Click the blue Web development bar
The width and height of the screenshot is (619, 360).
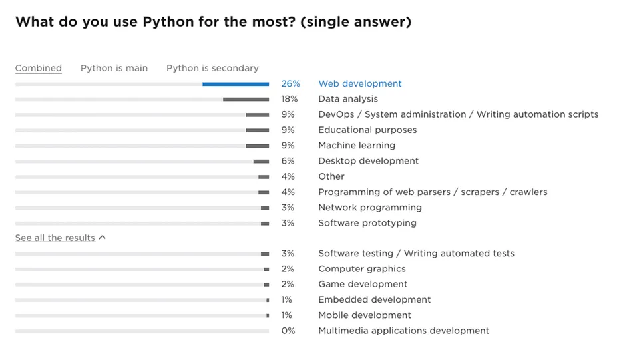click(236, 84)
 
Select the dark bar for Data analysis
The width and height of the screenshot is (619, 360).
click(246, 99)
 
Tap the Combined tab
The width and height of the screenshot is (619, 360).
click(39, 68)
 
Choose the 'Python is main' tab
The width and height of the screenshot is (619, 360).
click(114, 68)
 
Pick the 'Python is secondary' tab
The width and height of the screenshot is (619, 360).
click(212, 68)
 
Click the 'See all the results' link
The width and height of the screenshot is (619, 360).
click(55, 238)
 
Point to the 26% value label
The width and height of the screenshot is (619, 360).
click(290, 84)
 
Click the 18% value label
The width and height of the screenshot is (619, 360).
click(289, 99)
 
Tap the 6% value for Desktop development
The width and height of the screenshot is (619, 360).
click(288, 161)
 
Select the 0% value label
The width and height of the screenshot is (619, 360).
click(288, 331)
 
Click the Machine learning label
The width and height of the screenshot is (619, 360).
click(357, 146)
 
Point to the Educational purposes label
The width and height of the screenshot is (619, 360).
click(367, 130)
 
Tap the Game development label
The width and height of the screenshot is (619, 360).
click(363, 284)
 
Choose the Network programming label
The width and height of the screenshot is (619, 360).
click(370, 208)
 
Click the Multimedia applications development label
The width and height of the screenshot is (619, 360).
click(403, 331)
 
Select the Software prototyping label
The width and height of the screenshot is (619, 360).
click(367, 223)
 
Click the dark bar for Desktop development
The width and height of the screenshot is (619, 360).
click(261, 161)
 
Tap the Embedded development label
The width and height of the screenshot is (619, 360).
click(375, 300)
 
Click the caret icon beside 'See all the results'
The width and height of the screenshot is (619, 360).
click(102, 238)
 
